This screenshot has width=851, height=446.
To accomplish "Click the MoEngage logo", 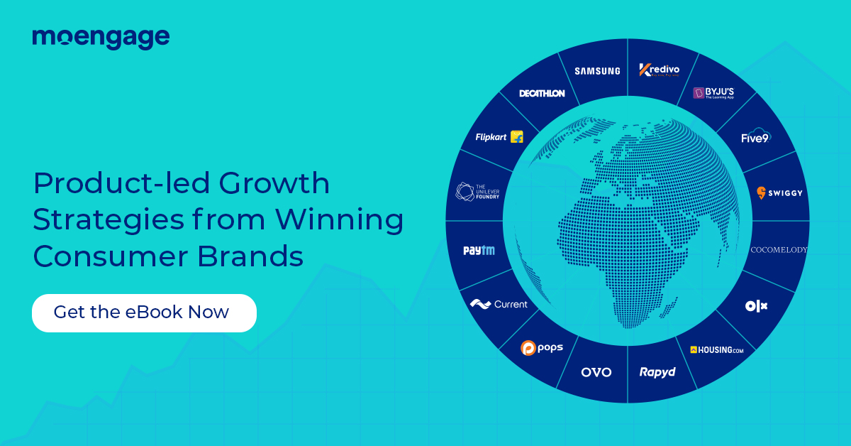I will coord(101,38).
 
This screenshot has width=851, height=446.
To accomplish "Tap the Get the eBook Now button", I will coord(144,312).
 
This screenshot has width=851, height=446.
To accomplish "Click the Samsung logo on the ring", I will coord(597,71).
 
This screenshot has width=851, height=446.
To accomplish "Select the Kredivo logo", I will coord(659,70).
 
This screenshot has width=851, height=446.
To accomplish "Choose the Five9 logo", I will coord(755,137).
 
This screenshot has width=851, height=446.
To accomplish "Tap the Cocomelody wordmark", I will coord(779,250).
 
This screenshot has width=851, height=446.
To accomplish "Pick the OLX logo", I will coord(756,306).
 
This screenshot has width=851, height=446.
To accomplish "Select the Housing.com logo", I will coord(716,350).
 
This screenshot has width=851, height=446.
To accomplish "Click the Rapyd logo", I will coord(657,372).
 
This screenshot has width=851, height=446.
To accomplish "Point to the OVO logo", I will coord(596,372).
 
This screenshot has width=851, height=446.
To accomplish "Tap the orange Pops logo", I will coord(542,348).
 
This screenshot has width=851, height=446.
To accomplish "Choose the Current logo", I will coord(499,304).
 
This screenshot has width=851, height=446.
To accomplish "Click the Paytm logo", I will coord(479,250).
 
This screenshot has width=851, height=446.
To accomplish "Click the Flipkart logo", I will coord(499,137).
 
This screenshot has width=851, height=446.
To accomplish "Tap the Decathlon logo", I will coord(542,93).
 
